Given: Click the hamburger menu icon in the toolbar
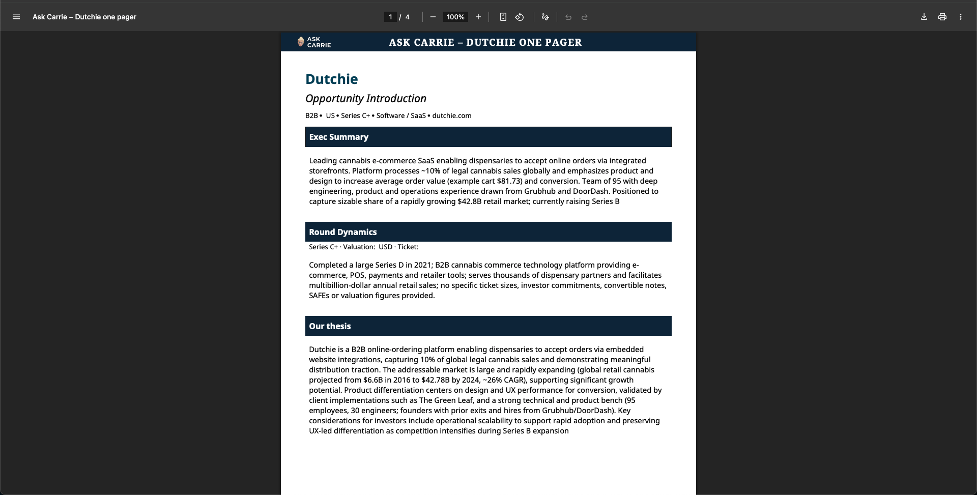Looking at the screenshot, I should (16, 17).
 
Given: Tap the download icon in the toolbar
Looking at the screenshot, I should (924, 17).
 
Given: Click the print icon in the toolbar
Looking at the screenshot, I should (942, 17).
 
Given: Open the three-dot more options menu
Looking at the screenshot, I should (960, 17).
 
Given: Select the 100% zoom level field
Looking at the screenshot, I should (455, 17).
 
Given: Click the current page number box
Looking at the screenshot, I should (390, 17).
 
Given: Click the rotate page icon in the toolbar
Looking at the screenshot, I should (519, 17).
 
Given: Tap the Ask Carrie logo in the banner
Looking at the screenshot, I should (314, 42).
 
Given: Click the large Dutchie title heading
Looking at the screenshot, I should (331, 79).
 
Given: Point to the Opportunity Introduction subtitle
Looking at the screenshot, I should (365, 98).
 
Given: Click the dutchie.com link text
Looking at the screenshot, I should (451, 115).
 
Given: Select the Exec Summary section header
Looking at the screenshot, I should (338, 137).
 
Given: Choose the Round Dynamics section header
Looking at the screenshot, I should (342, 232).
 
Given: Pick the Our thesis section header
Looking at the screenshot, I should (330, 326).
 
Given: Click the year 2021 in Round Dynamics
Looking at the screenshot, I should (422, 265).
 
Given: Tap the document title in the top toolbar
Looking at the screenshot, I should (84, 17).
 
